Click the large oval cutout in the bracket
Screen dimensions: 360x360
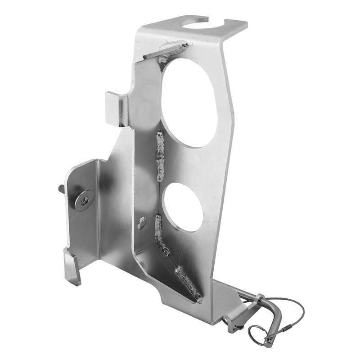(189, 103)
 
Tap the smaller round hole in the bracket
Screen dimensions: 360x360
(183, 207)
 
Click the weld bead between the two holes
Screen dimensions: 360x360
(160, 155)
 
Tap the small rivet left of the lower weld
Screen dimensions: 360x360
(142, 222)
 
